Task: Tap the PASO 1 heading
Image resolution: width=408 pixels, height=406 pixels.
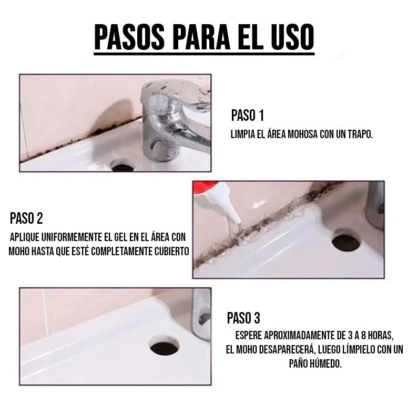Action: [x=247, y=116]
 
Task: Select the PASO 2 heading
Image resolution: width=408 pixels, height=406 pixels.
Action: [x=26, y=218]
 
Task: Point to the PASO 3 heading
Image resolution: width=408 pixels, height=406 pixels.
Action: [x=243, y=318]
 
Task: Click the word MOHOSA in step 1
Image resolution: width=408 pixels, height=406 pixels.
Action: [x=299, y=134]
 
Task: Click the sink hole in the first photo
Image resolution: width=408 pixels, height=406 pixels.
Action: [x=124, y=167]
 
